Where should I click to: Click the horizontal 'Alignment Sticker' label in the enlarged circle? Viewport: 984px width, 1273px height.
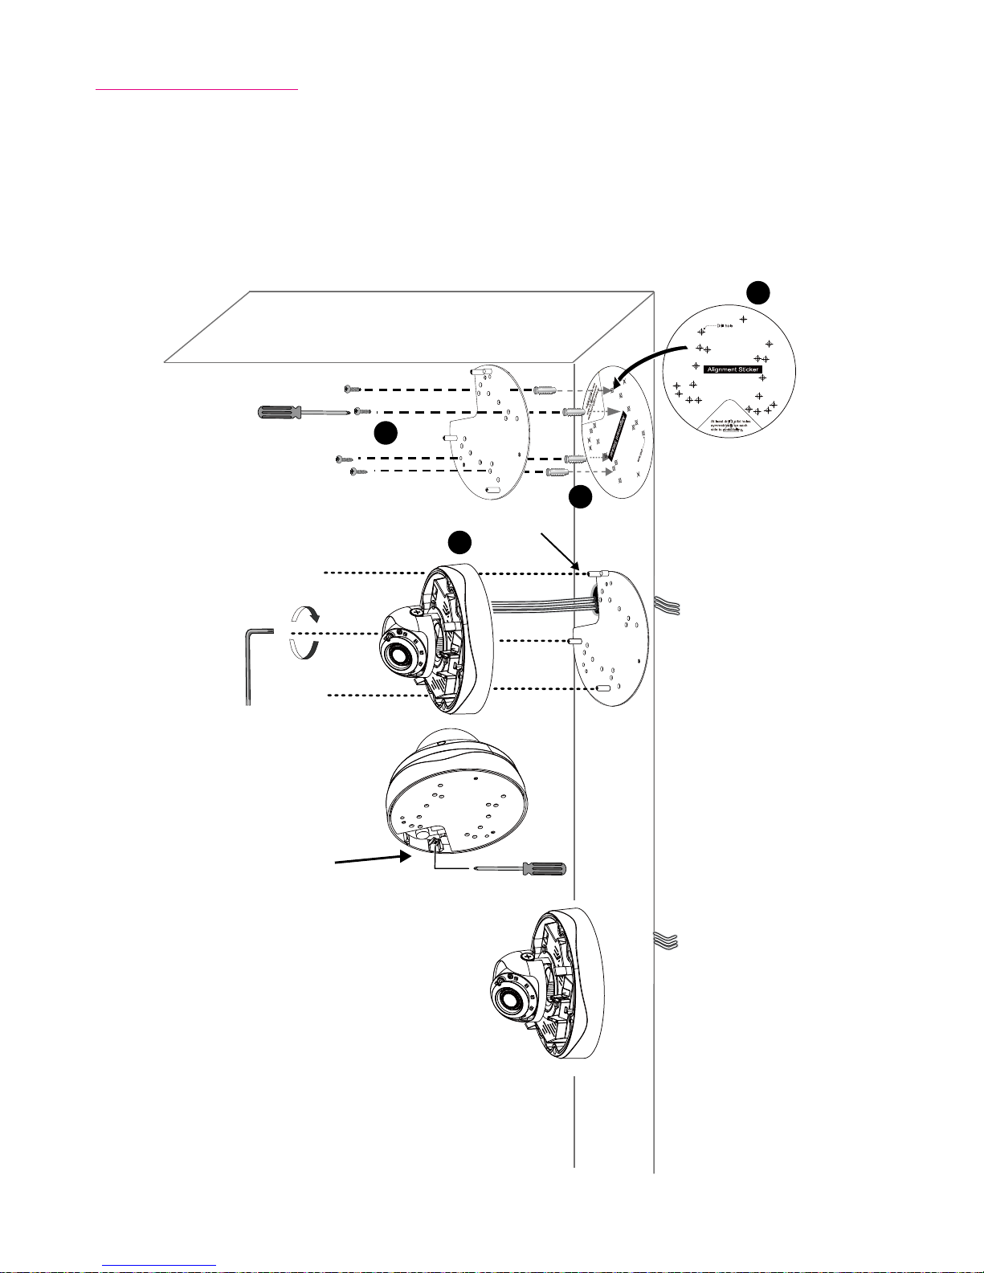(733, 369)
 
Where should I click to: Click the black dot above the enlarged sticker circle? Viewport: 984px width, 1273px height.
(757, 292)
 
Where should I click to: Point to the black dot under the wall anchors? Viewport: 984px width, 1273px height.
(580, 498)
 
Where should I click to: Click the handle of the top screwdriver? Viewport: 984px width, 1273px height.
(276, 413)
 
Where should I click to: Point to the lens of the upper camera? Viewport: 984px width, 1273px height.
(399, 657)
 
